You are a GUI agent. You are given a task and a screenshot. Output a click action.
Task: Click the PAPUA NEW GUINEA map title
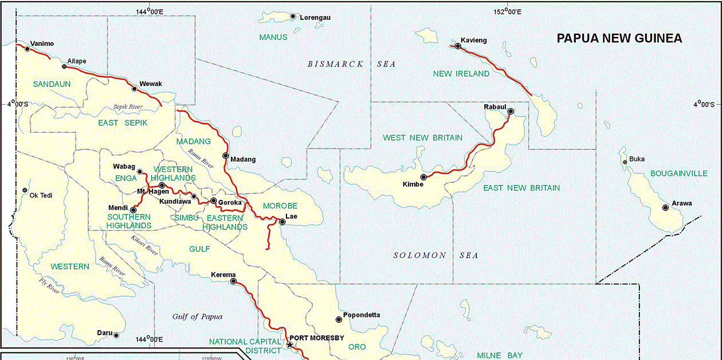(x=619, y=38)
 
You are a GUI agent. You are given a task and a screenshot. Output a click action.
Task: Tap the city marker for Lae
(x=282, y=222)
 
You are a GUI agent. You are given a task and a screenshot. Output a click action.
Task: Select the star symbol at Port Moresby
(x=289, y=345)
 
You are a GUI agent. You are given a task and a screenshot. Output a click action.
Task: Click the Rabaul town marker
(x=511, y=111)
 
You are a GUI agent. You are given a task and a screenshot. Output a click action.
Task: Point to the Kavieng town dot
(x=458, y=46)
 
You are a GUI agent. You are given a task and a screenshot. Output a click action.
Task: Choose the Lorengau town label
(x=315, y=18)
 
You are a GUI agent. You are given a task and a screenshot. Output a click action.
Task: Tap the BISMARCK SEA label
(x=351, y=64)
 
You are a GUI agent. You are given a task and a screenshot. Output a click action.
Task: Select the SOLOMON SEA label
(x=435, y=255)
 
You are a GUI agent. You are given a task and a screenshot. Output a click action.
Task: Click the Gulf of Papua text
(x=197, y=316)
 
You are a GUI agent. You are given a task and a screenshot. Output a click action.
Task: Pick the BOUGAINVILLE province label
(x=678, y=173)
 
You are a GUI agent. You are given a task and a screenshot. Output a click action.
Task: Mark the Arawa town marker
(x=665, y=208)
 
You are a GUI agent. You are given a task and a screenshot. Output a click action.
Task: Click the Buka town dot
(x=625, y=162)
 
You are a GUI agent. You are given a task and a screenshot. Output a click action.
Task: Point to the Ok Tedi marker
(x=25, y=190)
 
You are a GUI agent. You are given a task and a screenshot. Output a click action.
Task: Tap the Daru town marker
(x=116, y=336)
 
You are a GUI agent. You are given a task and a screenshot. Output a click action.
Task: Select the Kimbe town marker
(x=423, y=177)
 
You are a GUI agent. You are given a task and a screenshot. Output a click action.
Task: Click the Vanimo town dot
(x=27, y=49)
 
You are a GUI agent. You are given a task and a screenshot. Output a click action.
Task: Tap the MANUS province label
(x=273, y=37)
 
